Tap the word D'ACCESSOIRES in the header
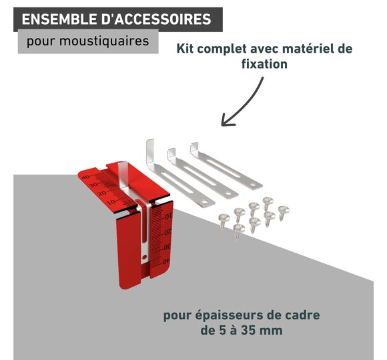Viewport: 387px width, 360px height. (x=157, y=19)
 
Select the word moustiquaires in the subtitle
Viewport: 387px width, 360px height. (x=104, y=41)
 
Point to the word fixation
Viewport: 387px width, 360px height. (x=264, y=64)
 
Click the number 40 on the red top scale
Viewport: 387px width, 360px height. (x=86, y=177)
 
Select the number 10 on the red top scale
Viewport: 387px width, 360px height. (x=111, y=202)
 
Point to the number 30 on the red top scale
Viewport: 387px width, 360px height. (x=93, y=185)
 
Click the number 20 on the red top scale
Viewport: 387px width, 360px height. (x=102, y=193)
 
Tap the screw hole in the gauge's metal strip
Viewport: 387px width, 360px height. (x=144, y=257)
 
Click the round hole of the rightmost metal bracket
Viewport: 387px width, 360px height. (x=252, y=184)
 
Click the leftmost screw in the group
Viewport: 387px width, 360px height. (x=224, y=220)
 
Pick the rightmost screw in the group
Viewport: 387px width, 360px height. (x=284, y=213)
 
